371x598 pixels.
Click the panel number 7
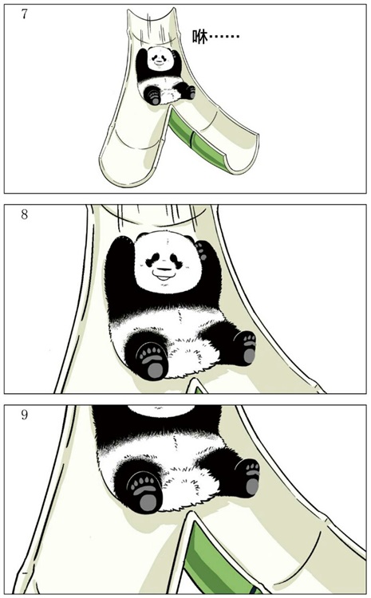[x=25, y=14]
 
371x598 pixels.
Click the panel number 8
[x=25, y=214]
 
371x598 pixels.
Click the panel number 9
[x=25, y=415]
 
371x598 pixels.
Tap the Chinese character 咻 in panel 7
[x=200, y=37]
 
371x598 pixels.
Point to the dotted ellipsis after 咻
[x=224, y=37]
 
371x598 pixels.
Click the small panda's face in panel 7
[x=160, y=58]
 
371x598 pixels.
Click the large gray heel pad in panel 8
[x=156, y=369]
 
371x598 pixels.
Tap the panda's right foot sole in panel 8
[x=248, y=348]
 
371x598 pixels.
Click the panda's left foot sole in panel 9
[x=144, y=492]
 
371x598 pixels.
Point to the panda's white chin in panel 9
[x=161, y=410]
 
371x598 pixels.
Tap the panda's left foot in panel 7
[x=154, y=96]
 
